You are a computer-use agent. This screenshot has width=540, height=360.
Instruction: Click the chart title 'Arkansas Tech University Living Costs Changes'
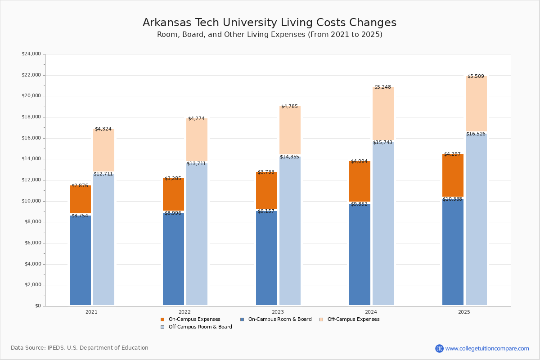pyautogui.click(x=269, y=23)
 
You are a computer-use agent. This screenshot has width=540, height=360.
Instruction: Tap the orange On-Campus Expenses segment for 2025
pyautogui.click(x=453, y=175)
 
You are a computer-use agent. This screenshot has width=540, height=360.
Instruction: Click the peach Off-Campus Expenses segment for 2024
pyautogui.click(x=383, y=113)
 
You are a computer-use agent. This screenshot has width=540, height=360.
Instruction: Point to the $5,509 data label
pyautogui.click(x=476, y=76)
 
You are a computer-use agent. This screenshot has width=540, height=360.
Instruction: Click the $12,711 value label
pyautogui.click(x=103, y=174)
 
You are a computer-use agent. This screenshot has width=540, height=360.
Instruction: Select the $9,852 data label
pyautogui.click(x=359, y=204)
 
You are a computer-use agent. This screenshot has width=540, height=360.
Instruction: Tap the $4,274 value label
pyautogui.click(x=196, y=119)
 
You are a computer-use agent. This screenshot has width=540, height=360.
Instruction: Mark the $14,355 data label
pyautogui.click(x=289, y=157)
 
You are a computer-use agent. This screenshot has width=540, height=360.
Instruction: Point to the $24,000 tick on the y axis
pyautogui.click(x=31, y=54)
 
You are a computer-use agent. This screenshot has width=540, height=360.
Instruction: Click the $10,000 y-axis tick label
pyautogui.click(x=31, y=201)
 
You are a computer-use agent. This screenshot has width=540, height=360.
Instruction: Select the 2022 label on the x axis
pyautogui.click(x=184, y=312)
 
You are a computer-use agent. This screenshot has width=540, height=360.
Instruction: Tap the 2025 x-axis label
pyautogui.click(x=464, y=312)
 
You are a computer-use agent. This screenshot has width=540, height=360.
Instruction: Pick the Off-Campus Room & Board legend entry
pyautogui.click(x=200, y=327)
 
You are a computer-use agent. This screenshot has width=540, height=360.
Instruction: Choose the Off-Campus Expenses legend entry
pyautogui.click(x=353, y=319)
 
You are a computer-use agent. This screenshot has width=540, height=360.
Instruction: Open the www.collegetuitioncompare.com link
pyautogui.click(x=487, y=348)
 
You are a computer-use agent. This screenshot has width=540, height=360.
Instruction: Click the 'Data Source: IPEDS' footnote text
pyautogui.click(x=80, y=348)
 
